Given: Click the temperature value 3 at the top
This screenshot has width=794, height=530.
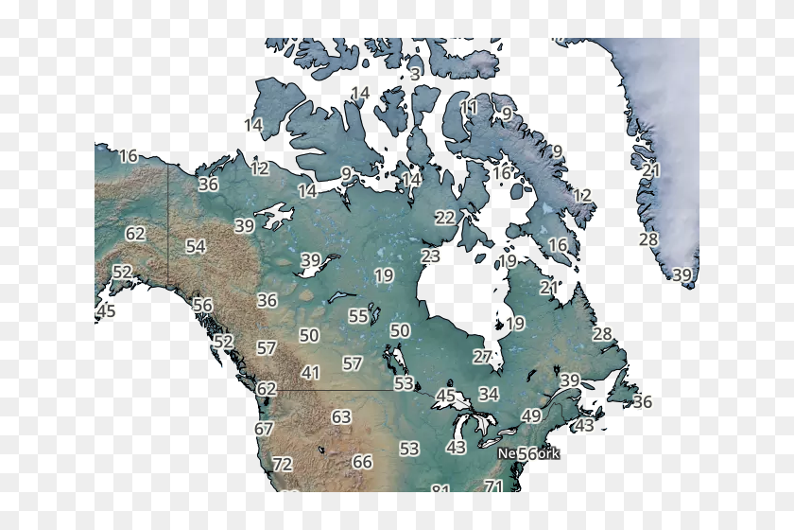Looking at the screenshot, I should coord(415,74).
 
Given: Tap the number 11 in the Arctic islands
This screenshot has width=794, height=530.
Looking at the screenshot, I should coord(469,108).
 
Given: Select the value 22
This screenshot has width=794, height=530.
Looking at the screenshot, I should coord(445,218).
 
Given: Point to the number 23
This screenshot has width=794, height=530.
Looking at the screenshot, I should coord(431,256).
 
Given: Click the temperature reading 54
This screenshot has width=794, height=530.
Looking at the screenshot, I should coord(196,246).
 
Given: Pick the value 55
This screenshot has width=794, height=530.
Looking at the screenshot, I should coord(358,316).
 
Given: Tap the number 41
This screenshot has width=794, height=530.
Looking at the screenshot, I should coord(311,374).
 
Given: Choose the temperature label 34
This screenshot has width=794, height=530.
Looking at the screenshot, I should coord(489,394).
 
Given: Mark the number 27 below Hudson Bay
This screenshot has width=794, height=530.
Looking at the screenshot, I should coord(483,357).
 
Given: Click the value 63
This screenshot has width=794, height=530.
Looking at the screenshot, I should coord(341,417).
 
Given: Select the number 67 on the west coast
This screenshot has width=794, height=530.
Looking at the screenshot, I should coord(264,429).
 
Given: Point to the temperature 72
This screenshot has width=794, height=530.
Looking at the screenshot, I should coord(283,465).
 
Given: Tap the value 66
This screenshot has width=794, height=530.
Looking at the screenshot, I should coord(362,462).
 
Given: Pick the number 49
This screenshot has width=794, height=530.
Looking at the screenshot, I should coord(531,416).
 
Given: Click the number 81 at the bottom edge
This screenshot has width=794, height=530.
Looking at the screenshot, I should coord(440,488).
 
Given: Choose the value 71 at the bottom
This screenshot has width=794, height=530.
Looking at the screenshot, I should coord(492,486).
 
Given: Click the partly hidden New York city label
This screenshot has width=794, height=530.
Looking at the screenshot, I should coord(529,454).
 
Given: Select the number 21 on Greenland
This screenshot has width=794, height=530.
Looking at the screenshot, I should coord(651,170).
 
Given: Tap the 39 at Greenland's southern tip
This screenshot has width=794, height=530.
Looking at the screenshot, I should coord(682,275).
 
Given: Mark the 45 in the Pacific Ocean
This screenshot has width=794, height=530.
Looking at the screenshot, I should coord(106,310).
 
